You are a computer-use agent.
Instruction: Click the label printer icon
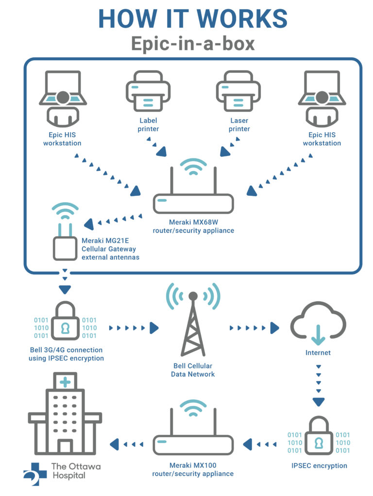pyautogui.click(x=148, y=91)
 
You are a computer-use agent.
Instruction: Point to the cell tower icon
pyautogui.click(x=193, y=323)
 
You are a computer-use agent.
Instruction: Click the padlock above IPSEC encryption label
pyautogui.click(x=319, y=438)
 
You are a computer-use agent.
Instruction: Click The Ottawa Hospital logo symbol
pyautogui.click(x=35, y=473)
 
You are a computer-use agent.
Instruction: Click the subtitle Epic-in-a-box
pyautogui.click(x=193, y=44)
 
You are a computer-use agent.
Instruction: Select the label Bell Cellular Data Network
pyautogui.click(x=193, y=370)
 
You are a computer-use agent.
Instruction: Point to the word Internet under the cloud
pyautogui.click(x=318, y=353)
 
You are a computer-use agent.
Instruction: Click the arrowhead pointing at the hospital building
pyautogui.click(x=116, y=443)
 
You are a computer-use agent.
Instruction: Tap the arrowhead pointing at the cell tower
pyautogui.click(x=154, y=328)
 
